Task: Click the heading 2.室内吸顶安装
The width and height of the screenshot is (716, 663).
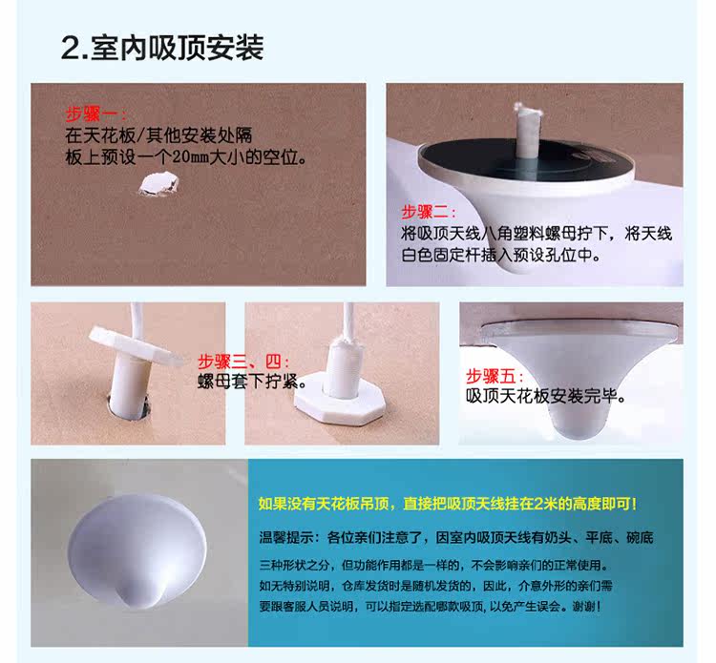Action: pyautogui.click(x=162, y=48)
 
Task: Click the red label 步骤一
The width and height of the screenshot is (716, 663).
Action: pyautogui.click(x=92, y=114)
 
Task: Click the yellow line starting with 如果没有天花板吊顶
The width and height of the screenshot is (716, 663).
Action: pyautogui.click(x=448, y=504)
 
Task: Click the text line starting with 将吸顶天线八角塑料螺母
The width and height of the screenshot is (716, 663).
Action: pyautogui.click(x=537, y=234)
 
